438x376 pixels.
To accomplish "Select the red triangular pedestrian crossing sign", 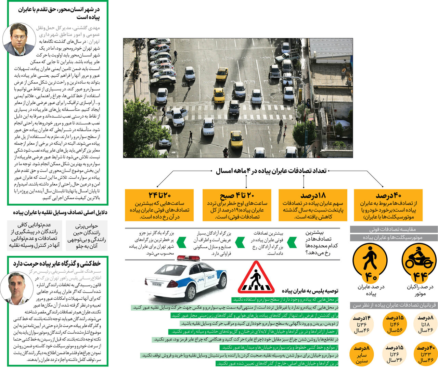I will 256,278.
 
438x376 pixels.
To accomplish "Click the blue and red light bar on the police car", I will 189,258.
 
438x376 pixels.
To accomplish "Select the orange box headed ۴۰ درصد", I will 388,205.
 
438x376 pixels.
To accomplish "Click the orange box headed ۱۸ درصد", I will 313,205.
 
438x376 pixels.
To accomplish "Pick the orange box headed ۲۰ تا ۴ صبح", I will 237,205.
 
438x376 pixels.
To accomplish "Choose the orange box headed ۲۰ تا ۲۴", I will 159,205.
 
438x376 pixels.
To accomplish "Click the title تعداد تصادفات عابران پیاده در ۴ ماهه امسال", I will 271,171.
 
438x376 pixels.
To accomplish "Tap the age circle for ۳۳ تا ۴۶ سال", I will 425,354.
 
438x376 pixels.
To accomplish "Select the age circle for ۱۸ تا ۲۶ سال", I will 425,324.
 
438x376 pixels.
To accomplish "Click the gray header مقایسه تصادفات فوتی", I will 394,229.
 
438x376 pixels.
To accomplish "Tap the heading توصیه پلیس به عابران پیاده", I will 310,291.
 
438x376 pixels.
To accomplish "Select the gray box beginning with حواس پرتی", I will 86,236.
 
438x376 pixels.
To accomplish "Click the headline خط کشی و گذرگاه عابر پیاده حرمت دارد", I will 57,263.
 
